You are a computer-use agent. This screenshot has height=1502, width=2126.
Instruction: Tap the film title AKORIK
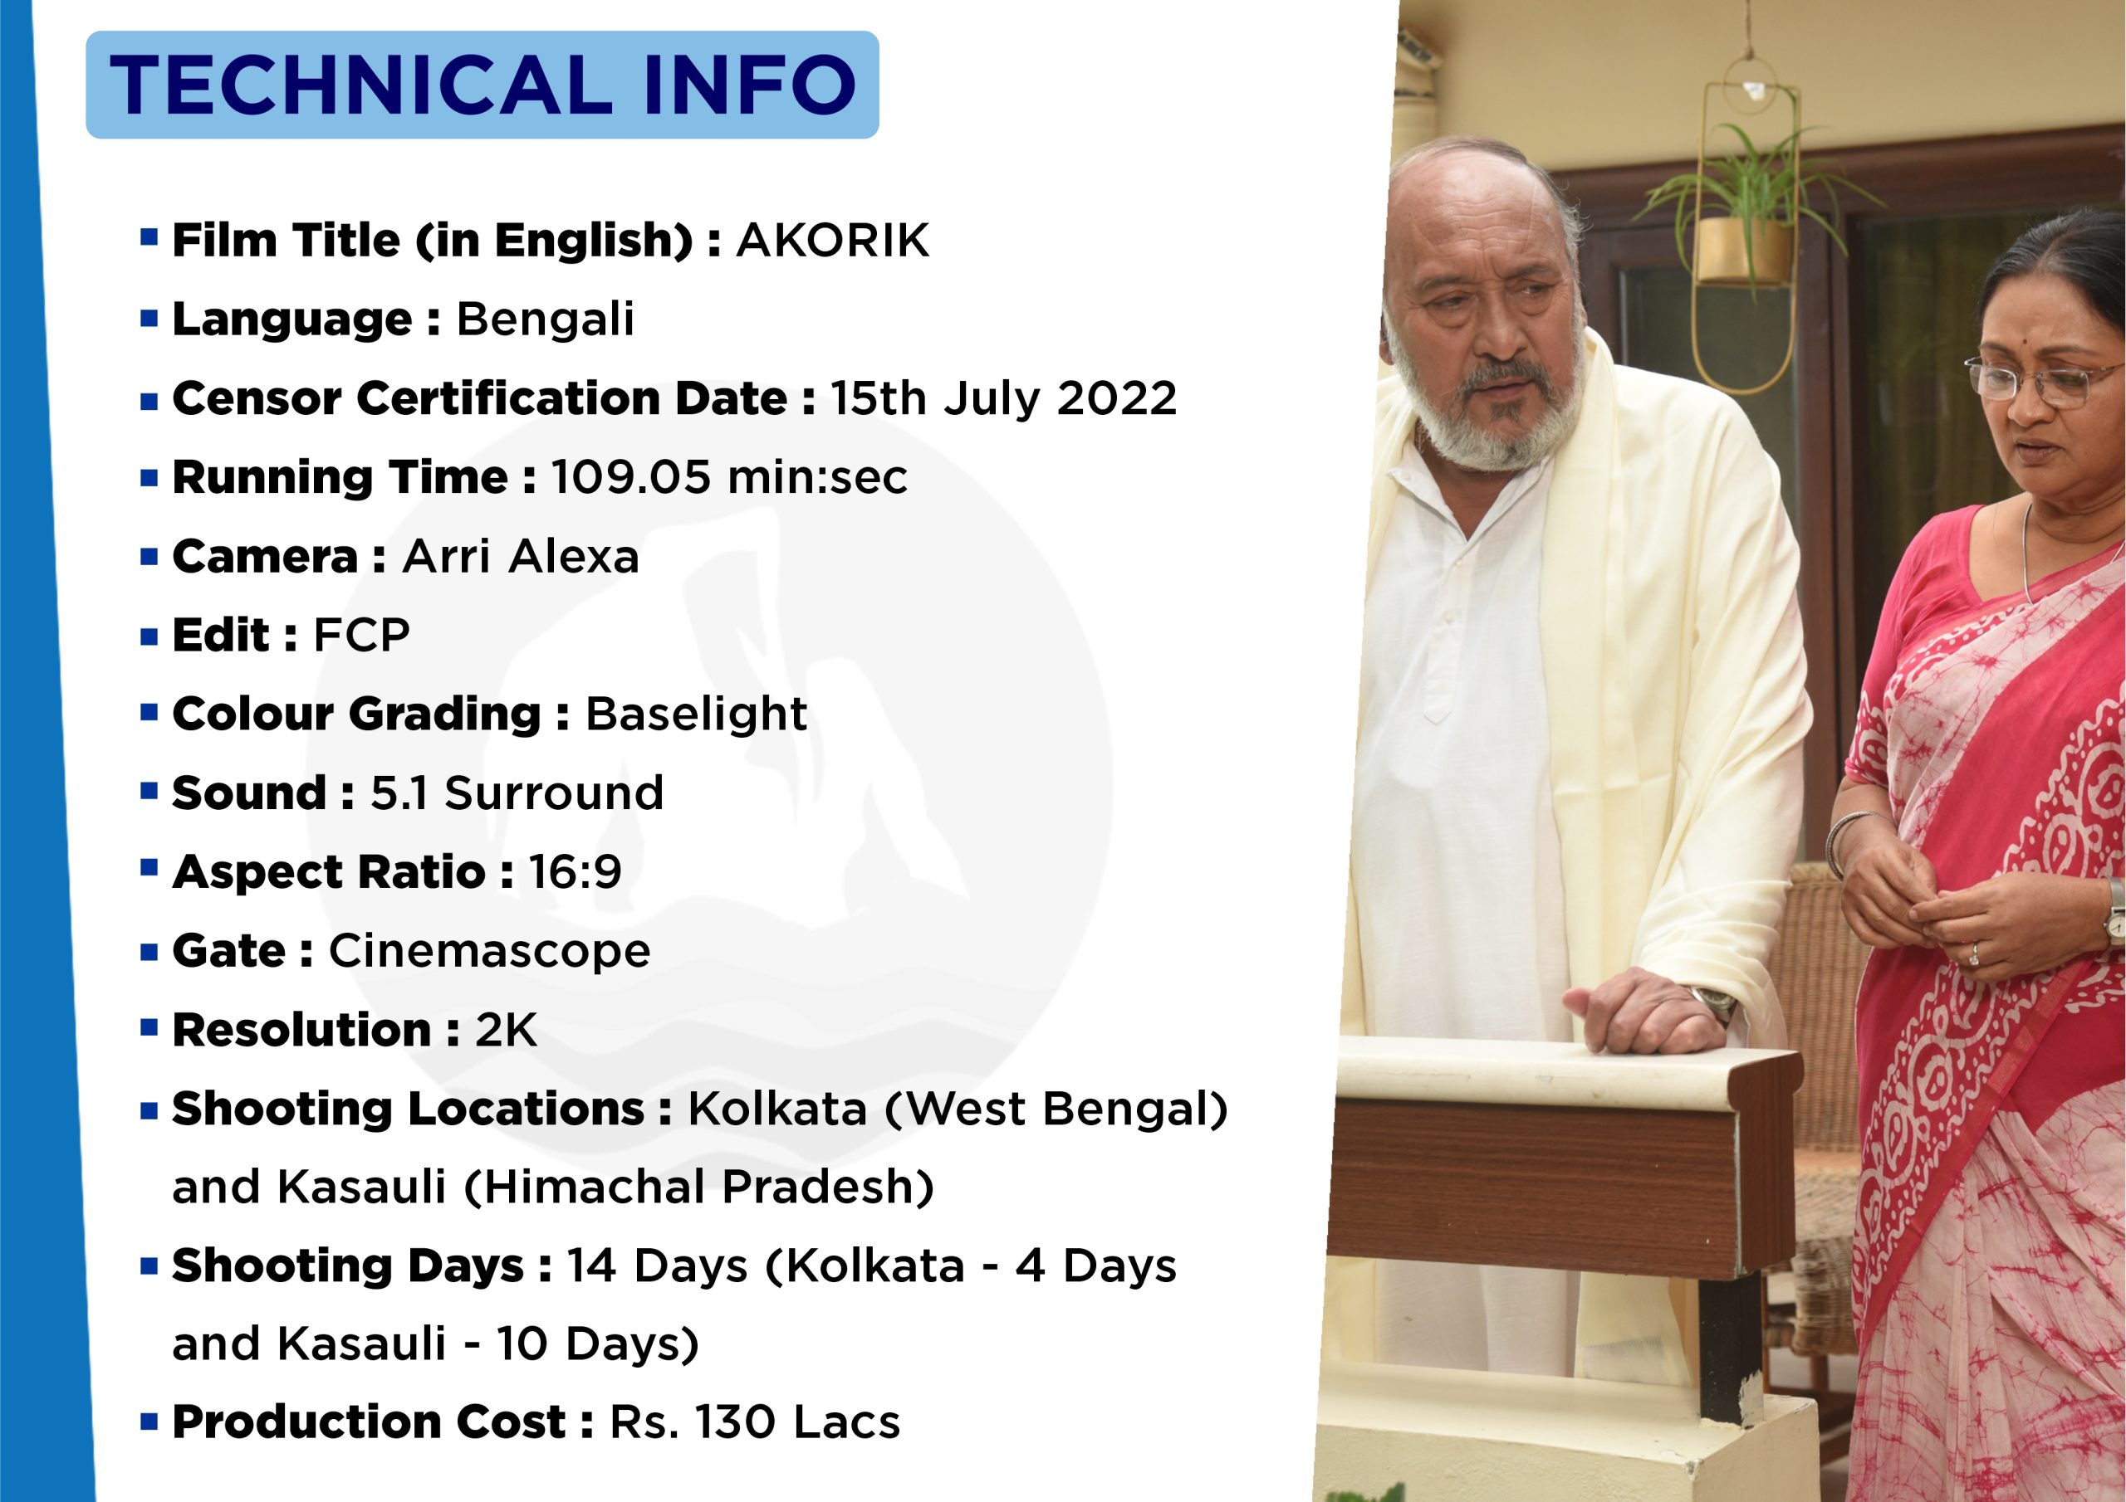[x=832, y=241]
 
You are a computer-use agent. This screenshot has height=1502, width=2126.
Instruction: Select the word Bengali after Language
[x=546, y=320]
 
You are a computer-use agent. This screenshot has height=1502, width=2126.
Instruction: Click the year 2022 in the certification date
[x=1117, y=398]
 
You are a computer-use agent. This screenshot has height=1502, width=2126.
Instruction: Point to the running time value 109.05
[x=631, y=477]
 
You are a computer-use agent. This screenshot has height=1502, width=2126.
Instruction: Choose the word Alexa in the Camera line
[x=573, y=556]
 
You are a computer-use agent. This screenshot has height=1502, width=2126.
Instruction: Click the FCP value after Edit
[x=361, y=635]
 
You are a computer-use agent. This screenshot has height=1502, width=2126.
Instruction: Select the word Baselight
[x=696, y=714]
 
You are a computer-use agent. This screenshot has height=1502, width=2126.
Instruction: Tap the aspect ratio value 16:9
[x=575, y=872]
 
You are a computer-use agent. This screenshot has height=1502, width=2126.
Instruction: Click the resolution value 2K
[x=506, y=1030]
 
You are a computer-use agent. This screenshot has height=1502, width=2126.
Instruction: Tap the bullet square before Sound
[x=149, y=790]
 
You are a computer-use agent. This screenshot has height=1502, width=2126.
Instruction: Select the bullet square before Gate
[x=149, y=951]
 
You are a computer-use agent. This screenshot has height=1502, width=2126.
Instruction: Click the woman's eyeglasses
[x=2042, y=380]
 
